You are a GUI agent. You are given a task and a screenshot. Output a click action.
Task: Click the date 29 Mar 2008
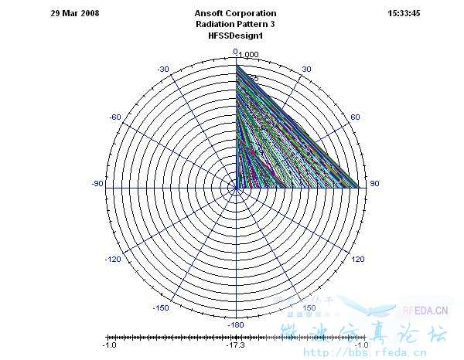click(75, 14)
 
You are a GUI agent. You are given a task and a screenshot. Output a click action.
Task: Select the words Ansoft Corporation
click(236, 14)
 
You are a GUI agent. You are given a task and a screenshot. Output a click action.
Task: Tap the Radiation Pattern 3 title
click(236, 25)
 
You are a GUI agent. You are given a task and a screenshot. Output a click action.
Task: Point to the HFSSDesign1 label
click(236, 36)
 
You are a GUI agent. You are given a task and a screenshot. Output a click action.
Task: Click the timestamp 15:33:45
click(403, 14)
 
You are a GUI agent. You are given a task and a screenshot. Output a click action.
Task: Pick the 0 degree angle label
click(235, 51)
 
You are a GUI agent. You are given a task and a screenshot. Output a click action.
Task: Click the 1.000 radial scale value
click(249, 55)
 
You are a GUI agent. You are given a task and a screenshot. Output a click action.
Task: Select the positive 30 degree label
click(306, 70)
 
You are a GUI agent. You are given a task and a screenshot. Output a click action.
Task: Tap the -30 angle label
click(162, 70)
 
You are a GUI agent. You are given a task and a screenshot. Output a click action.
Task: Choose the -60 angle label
click(114, 117)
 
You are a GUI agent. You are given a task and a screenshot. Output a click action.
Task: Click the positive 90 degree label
click(375, 184)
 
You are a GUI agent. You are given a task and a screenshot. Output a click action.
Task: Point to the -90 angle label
click(97, 184)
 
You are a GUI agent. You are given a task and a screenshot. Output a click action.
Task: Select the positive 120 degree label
click(358, 260)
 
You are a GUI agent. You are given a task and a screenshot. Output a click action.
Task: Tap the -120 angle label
click(114, 260)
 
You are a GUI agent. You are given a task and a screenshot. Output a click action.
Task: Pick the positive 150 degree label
click(309, 307)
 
